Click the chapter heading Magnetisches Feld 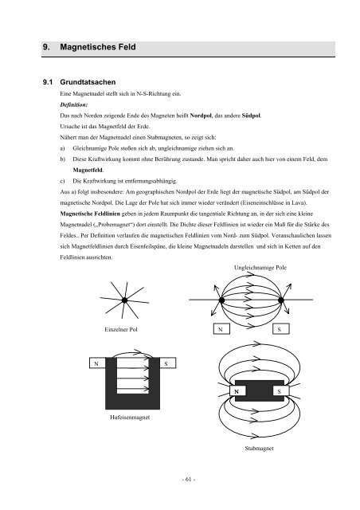pos(97,47)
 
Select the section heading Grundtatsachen pos(88,82)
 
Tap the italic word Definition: pos(74,104)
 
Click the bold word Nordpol pos(201,116)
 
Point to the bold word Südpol pos(252,116)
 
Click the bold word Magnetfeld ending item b pos(88,170)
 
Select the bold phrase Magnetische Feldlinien pos(90,214)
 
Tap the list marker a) pos(62,148)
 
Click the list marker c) pos(62,181)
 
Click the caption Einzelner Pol pos(121,329)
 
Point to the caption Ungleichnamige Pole pos(260,268)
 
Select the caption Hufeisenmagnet pos(130,418)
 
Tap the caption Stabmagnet pos(259,448)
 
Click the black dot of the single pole pos(124,300)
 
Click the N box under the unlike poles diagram pos(221,329)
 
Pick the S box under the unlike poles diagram pos(280,329)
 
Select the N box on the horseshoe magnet pos(97,363)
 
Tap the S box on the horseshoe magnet pos(168,363)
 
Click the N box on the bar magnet pos(237,390)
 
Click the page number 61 pos(188,480)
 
